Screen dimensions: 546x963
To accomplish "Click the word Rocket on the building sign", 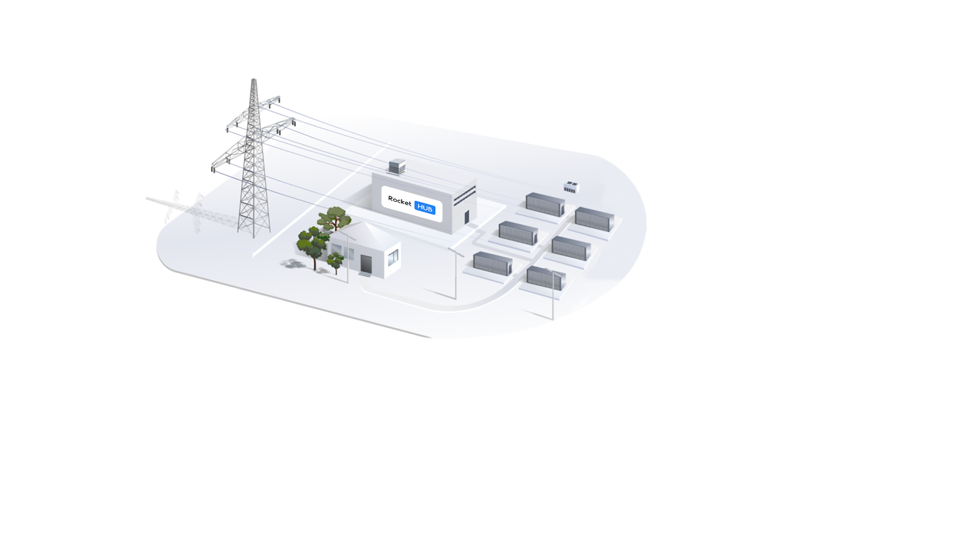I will point(400,201).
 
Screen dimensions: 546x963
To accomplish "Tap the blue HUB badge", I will point(425,209).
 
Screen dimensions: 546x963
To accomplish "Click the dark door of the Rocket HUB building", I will point(467,217).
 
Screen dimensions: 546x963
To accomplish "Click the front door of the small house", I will point(366,263).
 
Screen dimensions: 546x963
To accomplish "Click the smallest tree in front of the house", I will point(335,262).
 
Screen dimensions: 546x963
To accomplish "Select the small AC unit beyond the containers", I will point(571,187).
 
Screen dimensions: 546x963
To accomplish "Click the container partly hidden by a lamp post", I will point(546,278).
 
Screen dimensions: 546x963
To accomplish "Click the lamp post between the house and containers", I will point(456,275).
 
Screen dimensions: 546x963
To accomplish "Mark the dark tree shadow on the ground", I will point(295,265).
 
